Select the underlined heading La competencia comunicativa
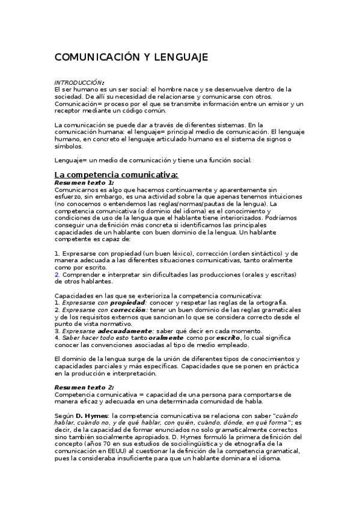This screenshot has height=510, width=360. click(116, 174)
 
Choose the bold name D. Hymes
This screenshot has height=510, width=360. click(91, 416)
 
